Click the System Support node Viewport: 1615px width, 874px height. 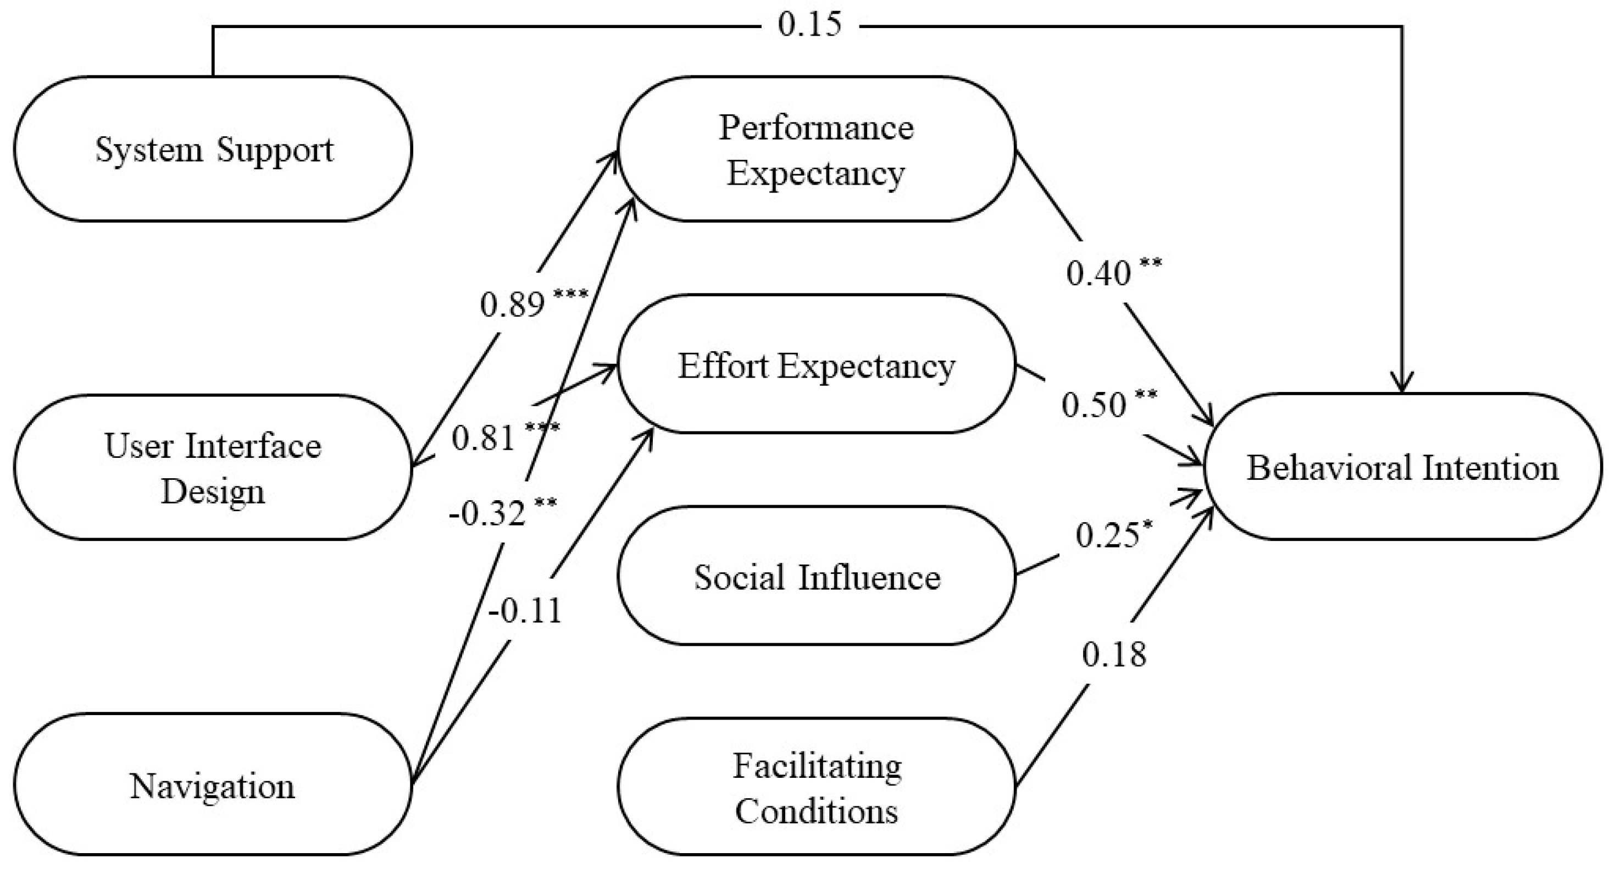[x=213, y=149]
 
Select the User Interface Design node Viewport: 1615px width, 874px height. [x=213, y=467]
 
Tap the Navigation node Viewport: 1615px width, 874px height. [x=213, y=785]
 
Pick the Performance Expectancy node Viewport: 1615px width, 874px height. [x=816, y=149]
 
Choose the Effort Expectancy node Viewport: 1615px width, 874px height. [x=816, y=365]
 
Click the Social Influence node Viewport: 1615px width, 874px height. [x=816, y=577]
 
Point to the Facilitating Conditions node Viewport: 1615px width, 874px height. [x=816, y=788]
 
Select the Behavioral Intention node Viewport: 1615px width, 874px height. [x=1402, y=467]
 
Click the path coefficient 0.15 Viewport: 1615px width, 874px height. [x=809, y=25]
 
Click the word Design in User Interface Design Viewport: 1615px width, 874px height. [x=213, y=491]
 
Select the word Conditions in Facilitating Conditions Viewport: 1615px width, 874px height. [x=816, y=811]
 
